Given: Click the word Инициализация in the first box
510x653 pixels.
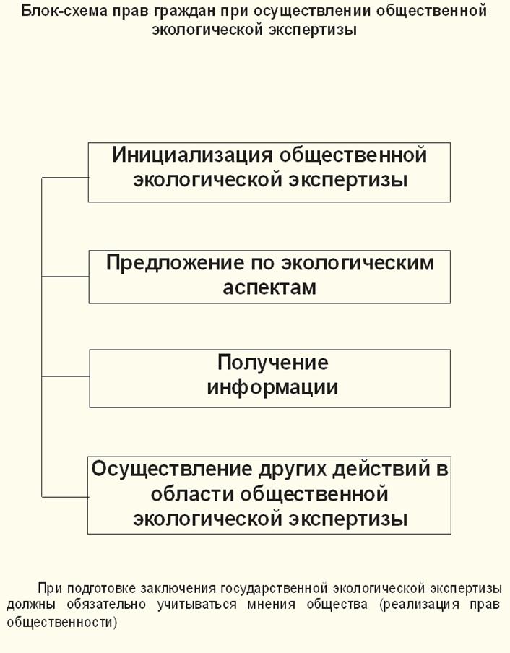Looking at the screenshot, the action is click(192, 155).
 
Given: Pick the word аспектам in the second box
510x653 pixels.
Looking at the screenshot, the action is click(269, 287).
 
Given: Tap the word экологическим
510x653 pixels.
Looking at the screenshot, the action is click(358, 262).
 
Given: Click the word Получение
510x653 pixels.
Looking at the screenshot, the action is click(272, 363).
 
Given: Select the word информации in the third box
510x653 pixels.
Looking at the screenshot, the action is click(272, 387).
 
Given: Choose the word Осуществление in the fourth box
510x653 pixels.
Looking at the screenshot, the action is click(172, 470).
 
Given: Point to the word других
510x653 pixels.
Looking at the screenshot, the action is click(293, 470).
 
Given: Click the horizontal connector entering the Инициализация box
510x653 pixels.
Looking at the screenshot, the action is click(65, 178).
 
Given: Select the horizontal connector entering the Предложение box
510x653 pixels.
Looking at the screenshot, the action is click(65, 276).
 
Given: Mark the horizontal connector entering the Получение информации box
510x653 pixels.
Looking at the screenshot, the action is click(65, 376).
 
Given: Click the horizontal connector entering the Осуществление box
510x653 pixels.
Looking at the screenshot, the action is click(64, 496).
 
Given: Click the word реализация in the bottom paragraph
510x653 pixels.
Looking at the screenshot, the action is click(421, 605).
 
